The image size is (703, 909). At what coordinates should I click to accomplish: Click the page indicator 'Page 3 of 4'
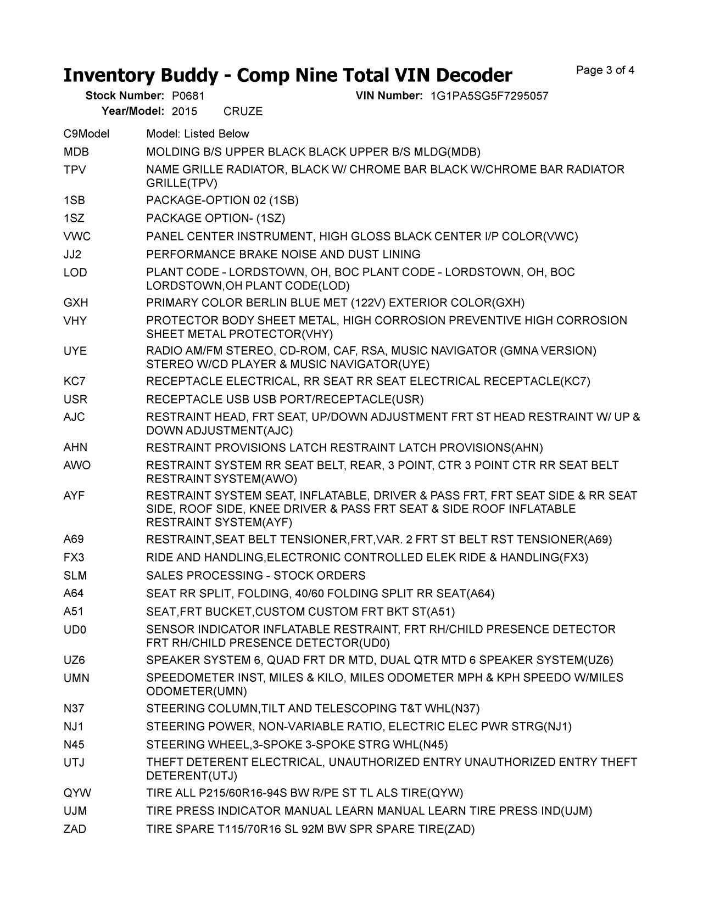pyautogui.click(x=605, y=70)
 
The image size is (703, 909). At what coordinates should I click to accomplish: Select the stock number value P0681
pyautogui.click(x=185, y=96)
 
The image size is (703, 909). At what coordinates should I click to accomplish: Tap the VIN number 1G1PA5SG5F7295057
pyautogui.click(x=489, y=96)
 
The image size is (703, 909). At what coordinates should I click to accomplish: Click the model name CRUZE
pyautogui.click(x=243, y=111)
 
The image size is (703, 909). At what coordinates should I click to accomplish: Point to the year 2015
pyautogui.click(x=185, y=111)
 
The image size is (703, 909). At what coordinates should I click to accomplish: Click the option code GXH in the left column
pyautogui.click(x=76, y=303)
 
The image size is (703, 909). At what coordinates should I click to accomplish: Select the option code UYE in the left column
pyautogui.click(x=75, y=351)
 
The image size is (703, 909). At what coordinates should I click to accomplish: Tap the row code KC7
pyautogui.click(x=75, y=381)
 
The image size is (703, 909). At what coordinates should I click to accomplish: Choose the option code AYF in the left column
pyautogui.click(x=74, y=496)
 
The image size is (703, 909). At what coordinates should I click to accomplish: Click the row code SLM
pyautogui.click(x=75, y=576)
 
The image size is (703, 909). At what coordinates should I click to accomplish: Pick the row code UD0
pyautogui.click(x=75, y=630)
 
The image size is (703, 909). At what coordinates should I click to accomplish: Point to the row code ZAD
pyautogui.click(x=75, y=829)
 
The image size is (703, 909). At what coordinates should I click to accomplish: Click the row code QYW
pyautogui.click(x=77, y=793)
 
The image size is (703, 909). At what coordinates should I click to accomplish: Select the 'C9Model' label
pyautogui.click(x=86, y=134)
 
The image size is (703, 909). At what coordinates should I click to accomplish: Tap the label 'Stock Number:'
pyautogui.click(x=125, y=96)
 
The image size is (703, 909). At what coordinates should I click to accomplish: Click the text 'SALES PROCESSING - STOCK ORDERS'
pyautogui.click(x=255, y=576)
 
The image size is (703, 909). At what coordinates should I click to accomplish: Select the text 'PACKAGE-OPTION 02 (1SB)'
pyautogui.click(x=222, y=200)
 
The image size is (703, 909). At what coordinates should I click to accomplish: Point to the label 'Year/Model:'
pyautogui.click(x=133, y=111)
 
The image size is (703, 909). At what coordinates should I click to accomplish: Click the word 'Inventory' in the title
pyautogui.click(x=108, y=75)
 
